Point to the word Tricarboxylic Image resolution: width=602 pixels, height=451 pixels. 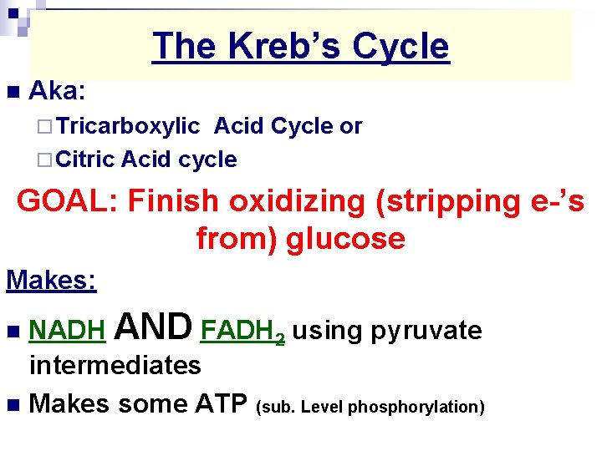[x=129, y=126]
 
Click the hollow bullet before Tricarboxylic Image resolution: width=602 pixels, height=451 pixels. [x=43, y=127]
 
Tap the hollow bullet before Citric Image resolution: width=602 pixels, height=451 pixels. [x=43, y=160]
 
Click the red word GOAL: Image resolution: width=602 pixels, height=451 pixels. [x=67, y=201]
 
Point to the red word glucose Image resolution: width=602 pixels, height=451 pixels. [x=345, y=239]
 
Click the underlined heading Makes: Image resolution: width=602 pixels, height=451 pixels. [x=51, y=280]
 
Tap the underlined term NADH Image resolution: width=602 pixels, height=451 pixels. [x=67, y=332]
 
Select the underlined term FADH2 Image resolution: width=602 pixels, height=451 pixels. [x=243, y=332]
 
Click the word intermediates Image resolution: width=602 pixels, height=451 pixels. [x=115, y=365]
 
